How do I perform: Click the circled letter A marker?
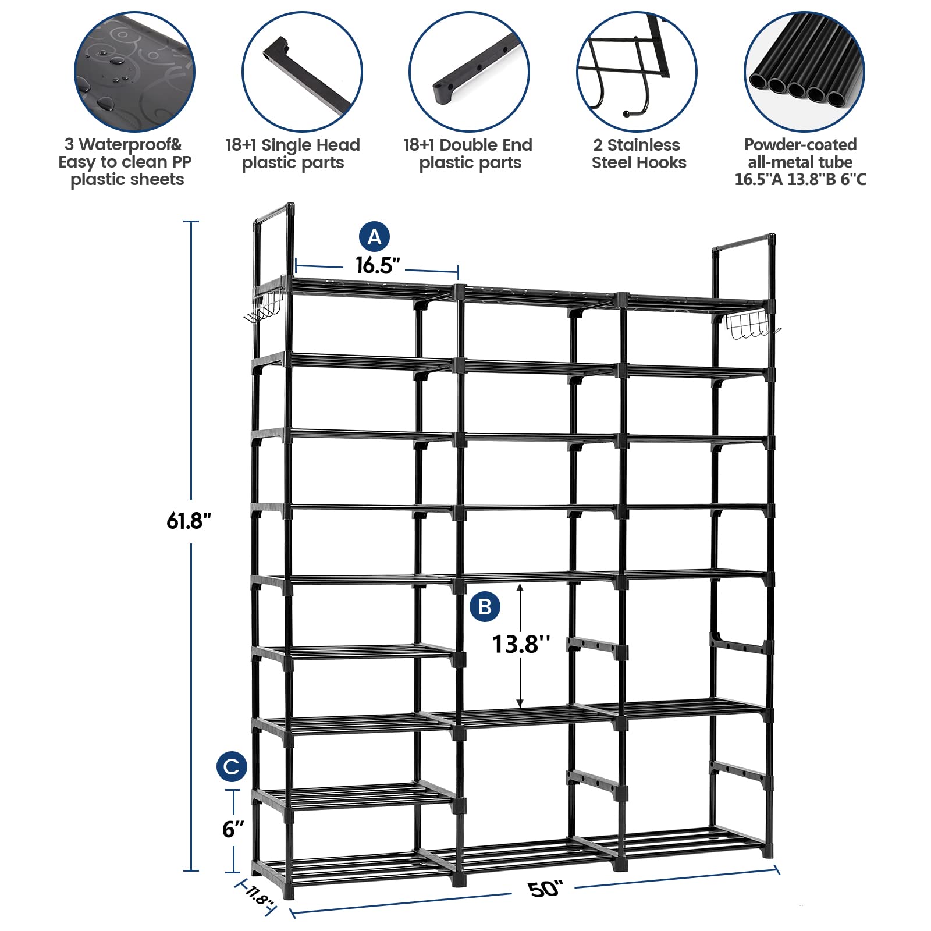click(374, 237)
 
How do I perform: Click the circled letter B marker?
click(485, 607)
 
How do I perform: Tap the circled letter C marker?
click(232, 766)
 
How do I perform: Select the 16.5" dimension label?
click(378, 266)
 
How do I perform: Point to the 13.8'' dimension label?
click(520, 644)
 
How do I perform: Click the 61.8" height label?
click(188, 520)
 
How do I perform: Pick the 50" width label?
click(545, 889)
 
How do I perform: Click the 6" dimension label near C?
click(233, 829)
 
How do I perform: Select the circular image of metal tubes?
click(804, 72)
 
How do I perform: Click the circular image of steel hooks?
click(637, 72)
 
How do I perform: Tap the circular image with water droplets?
click(134, 72)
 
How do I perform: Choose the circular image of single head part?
click(302, 72)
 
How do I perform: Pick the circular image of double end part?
click(469, 72)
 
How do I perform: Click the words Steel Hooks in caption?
click(639, 162)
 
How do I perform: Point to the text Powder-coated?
click(800, 144)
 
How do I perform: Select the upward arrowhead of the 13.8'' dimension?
click(520, 587)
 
